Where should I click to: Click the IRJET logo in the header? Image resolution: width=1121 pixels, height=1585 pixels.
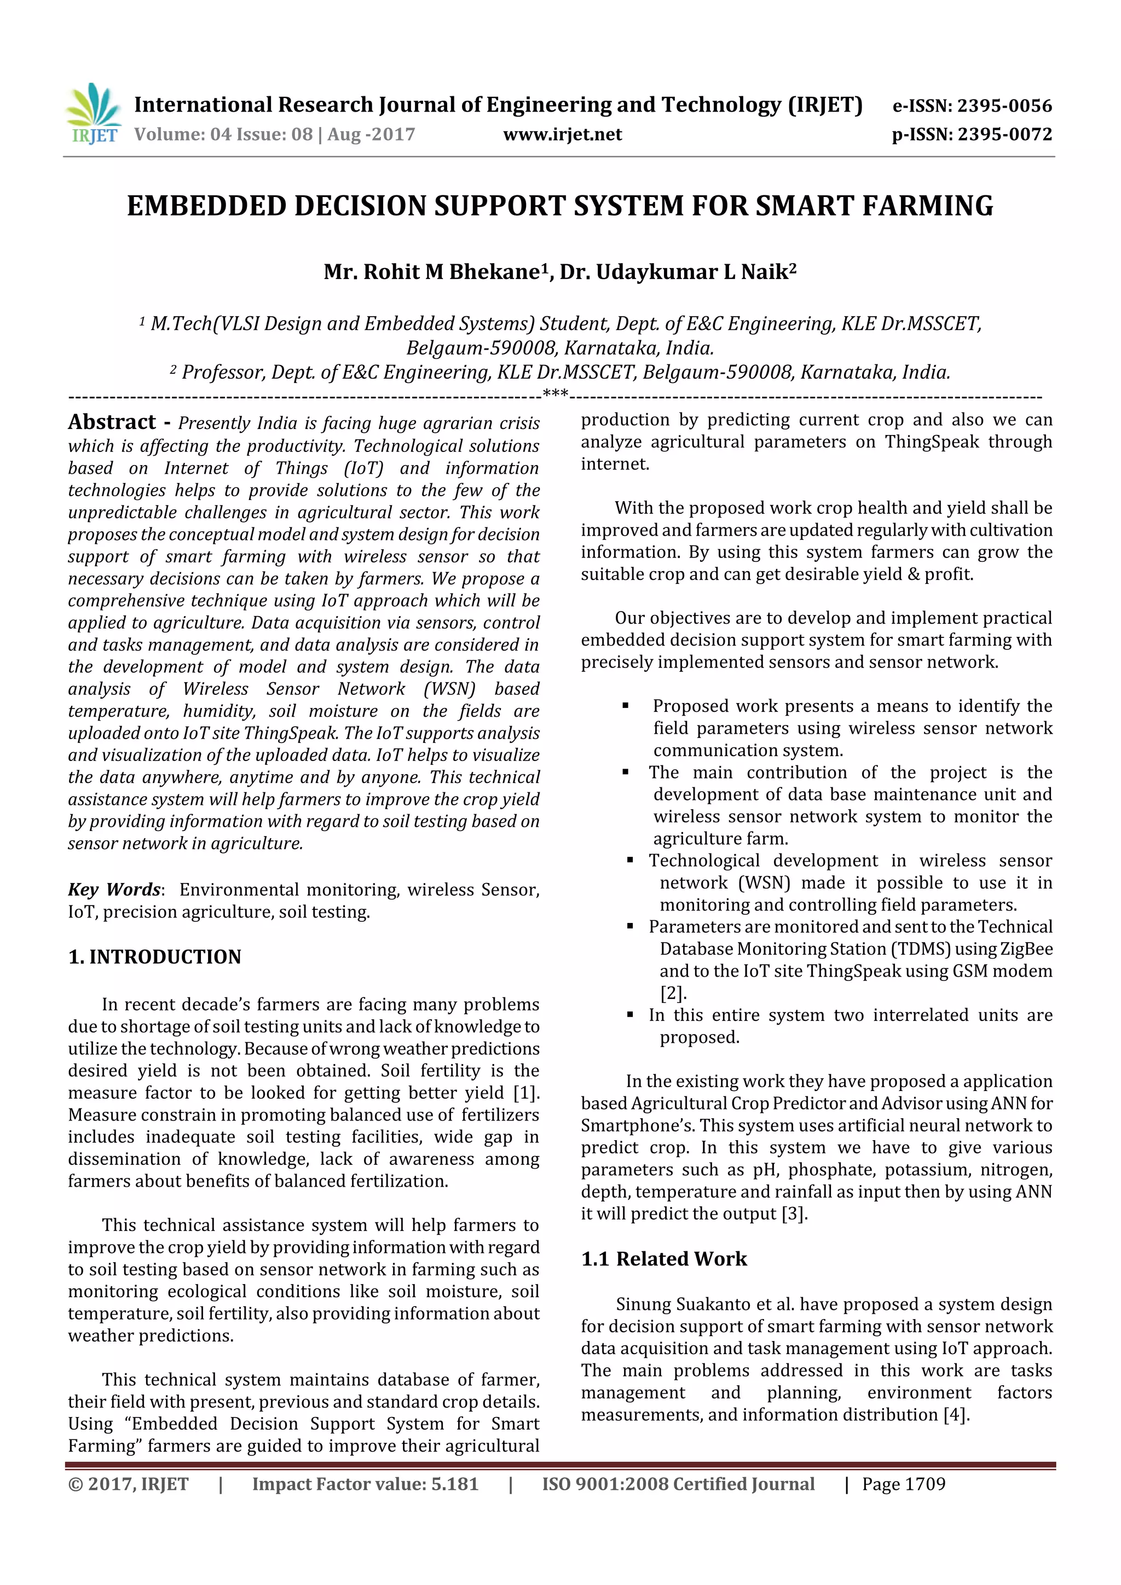93,114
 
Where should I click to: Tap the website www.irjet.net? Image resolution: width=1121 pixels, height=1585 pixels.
562,135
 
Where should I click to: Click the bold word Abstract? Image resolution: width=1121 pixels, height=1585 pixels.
112,422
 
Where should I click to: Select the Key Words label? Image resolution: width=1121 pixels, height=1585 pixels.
114,889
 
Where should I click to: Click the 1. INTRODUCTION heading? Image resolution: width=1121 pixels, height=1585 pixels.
155,957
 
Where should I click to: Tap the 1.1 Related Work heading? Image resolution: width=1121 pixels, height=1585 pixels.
664,1258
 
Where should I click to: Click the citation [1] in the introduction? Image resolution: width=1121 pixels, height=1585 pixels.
525,1093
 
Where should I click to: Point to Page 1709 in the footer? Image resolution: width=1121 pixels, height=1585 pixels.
904,1484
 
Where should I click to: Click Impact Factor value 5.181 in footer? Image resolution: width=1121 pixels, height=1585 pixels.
365,1484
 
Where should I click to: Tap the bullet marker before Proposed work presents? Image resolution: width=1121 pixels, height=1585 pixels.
625,706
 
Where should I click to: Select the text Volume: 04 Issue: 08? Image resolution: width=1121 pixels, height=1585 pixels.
223,135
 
